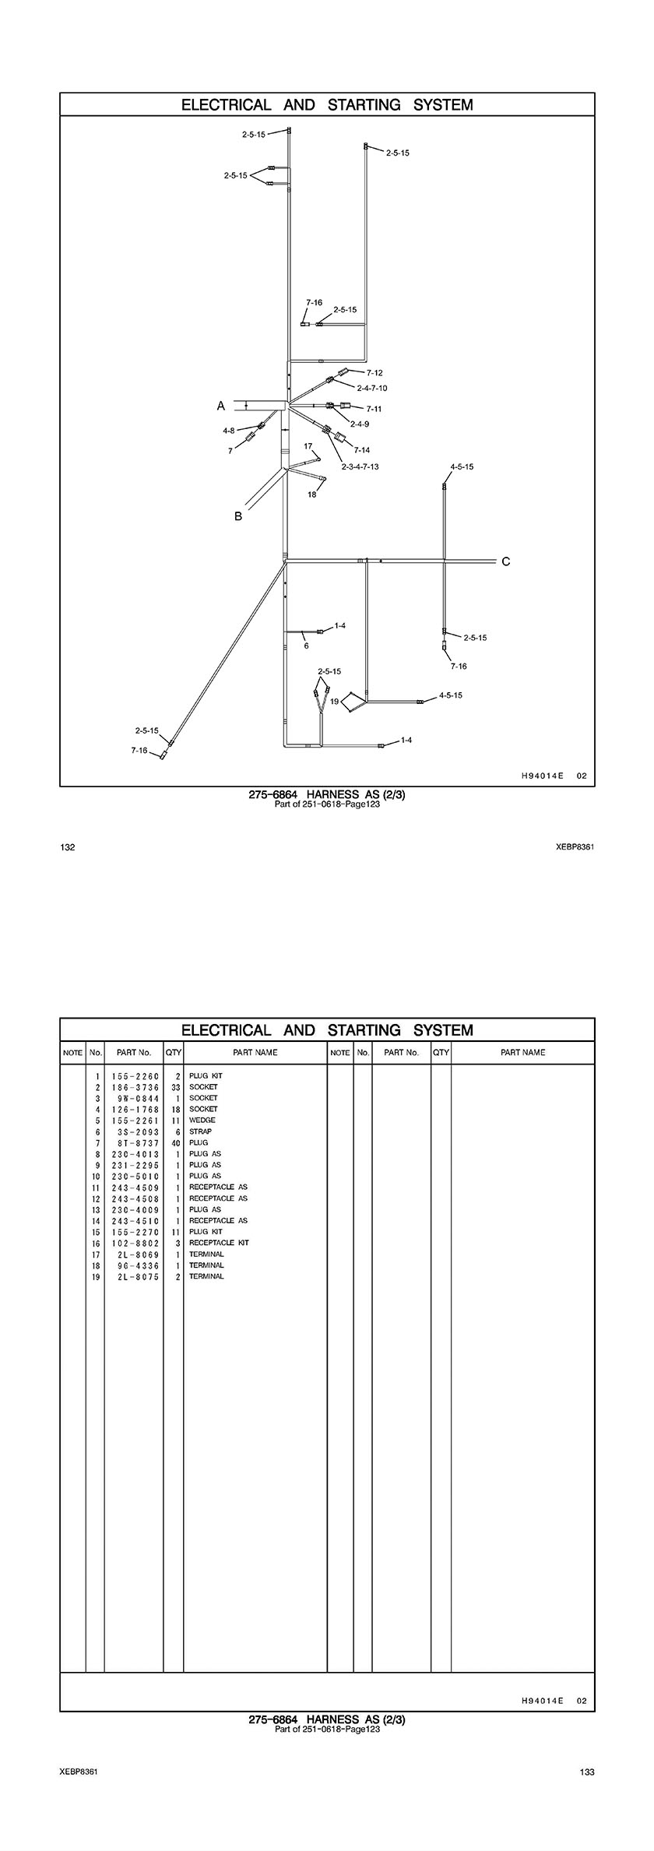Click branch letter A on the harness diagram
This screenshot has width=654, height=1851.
click(x=221, y=406)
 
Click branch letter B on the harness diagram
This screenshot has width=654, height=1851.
click(x=239, y=516)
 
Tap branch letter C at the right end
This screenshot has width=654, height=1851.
click(x=506, y=561)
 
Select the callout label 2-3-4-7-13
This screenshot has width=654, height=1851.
click(x=360, y=466)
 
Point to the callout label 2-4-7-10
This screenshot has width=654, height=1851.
click(x=372, y=388)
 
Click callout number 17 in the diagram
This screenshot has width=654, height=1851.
click(x=308, y=446)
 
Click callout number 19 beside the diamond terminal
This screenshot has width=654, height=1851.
click(x=335, y=702)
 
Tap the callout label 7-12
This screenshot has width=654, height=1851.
click(x=374, y=373)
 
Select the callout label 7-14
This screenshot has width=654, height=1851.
click(x=362, y=450)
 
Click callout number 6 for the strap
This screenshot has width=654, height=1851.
click(x=306, y=646)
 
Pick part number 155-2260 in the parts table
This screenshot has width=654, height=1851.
click(x=135, y=1076)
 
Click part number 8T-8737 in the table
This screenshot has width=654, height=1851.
click(x=135, y=1143)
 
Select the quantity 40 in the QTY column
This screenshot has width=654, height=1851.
click(x=176, y=1143)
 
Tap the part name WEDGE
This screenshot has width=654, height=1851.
click(x=202, y=1121)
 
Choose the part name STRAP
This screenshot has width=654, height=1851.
click(x=200, y=1131)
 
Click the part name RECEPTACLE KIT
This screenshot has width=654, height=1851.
click(x=219, y=1243)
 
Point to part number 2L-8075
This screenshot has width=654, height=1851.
click(x=135, y=1276)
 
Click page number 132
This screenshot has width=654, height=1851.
click(x=68, y=847)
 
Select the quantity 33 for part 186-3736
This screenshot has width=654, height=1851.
click(x=176, y=1087)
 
